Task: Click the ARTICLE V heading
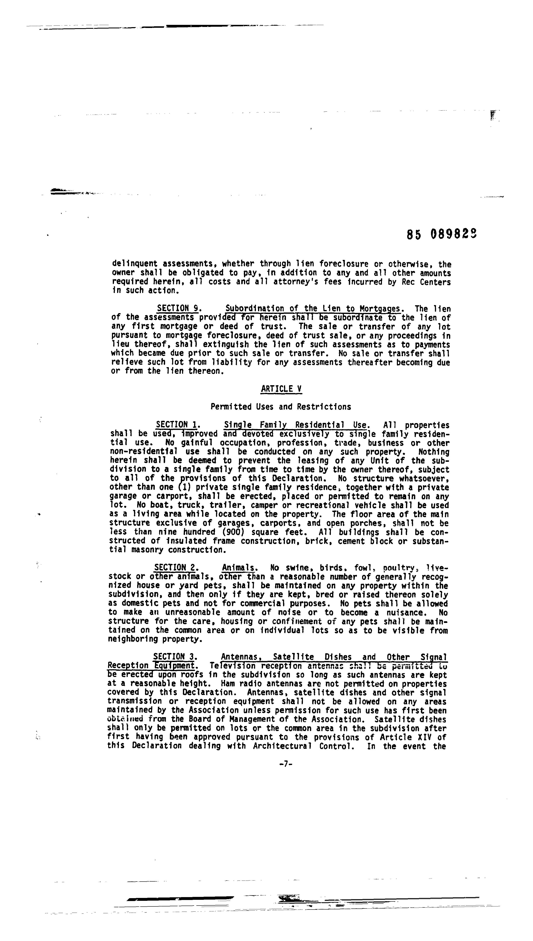click(x=281, y=389)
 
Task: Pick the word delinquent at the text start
click(x=134, y=264)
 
